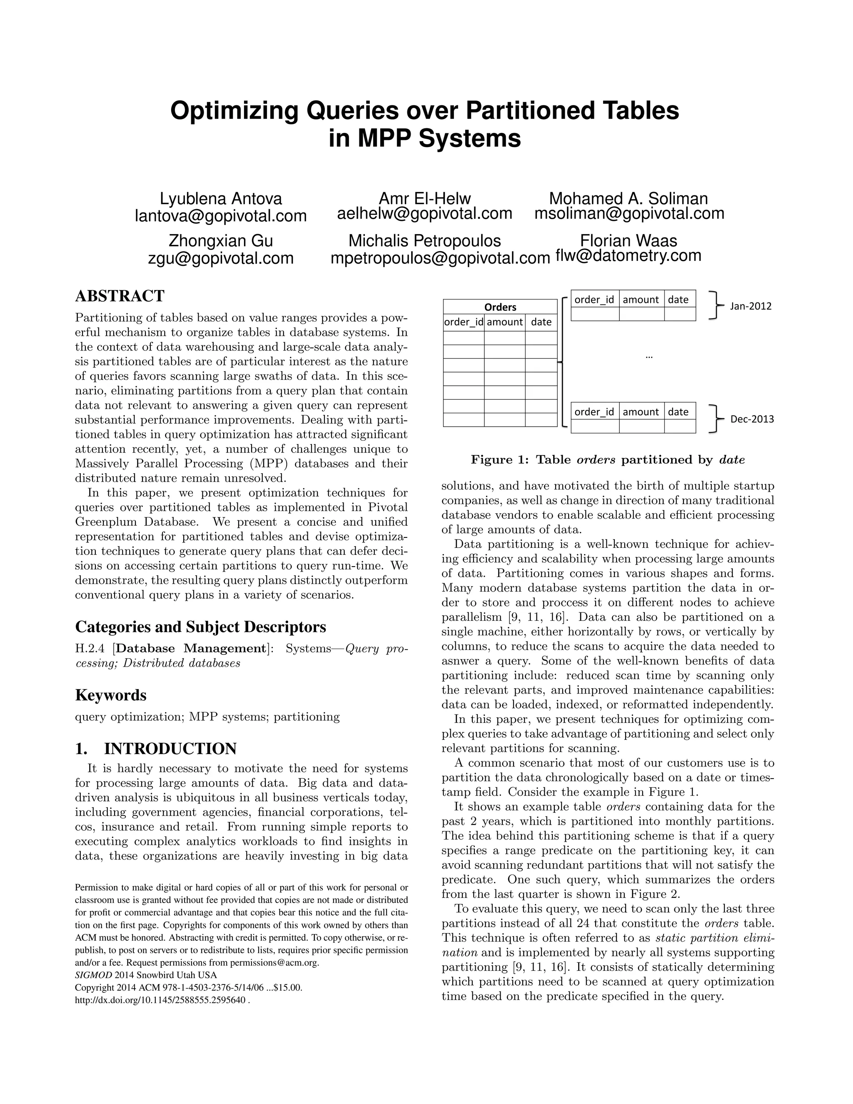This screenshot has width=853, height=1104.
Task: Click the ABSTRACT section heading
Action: coord(120,296)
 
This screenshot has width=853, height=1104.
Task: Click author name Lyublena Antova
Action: coord(221,199)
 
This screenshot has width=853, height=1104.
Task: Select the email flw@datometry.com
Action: coord(628,255)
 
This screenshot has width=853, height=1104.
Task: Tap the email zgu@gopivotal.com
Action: coord(221,258)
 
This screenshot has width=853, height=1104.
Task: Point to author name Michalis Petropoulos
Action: coord(424,241)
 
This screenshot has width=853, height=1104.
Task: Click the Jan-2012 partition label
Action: coord(751,306)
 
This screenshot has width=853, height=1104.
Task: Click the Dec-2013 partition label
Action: coord(751,419)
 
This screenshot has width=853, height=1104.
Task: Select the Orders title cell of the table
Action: coord(500,307)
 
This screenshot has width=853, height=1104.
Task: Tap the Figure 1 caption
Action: coord(607,460)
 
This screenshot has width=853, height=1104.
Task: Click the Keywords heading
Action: coord(111,695)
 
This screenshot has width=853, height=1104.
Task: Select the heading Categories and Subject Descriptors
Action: coord(201,627)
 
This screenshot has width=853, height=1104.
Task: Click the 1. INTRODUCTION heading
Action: coord(156,749)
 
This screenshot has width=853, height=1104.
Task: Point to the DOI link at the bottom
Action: coord(162,1000)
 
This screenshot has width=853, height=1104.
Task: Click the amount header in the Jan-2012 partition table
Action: coord(641,300)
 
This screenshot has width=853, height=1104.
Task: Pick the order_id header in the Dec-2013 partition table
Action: coord(594,412)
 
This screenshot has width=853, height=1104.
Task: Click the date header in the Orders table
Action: coord(541,322)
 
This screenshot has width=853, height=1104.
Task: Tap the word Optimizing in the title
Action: coord(234,111)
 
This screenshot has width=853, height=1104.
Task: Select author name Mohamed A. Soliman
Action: coord(628,199)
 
